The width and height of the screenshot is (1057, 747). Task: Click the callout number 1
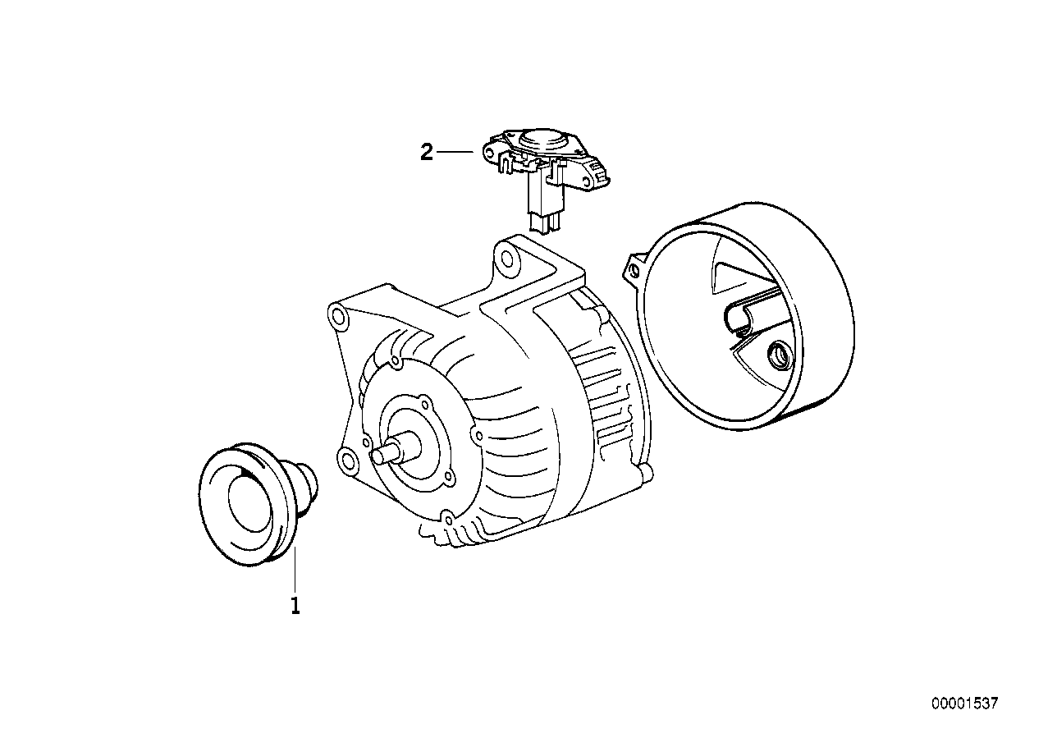coord(295,607)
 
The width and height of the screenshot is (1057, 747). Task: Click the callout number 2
coord(426,153)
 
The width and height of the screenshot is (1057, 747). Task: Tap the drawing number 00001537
coord(965,703)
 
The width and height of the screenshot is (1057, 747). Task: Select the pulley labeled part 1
coord(258,504)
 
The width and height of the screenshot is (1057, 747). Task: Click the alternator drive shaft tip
coord(377,456)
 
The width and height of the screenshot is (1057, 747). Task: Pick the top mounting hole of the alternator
coord(507,259)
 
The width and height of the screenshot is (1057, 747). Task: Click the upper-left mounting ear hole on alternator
coord(338,315)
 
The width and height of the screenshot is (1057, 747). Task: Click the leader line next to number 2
coord(455,152)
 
